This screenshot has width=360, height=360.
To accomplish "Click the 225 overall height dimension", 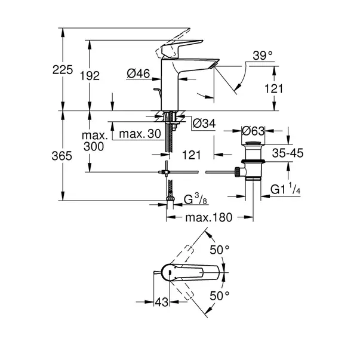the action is click(x=63, y=70).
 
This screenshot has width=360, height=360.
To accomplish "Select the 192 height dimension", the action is click(x=90, y=76).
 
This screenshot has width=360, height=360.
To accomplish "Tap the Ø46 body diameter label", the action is click(x=139, y=73).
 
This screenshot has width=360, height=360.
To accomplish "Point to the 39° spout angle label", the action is click(x=263, y=56).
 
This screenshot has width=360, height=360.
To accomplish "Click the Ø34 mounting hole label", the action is click(x=204, y=124).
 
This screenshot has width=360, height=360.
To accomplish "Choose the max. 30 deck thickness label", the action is click(x=140, y=134).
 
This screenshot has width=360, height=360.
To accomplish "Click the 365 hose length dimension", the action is click(x=61, y=156).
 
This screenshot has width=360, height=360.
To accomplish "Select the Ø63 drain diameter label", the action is click(x=253, y=131).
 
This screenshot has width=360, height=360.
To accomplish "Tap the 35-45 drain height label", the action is click(x=288, y=153).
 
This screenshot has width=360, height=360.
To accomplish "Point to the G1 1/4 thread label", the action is click(x=285, y=189).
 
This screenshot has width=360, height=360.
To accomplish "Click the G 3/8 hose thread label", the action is click(x=195, y=199).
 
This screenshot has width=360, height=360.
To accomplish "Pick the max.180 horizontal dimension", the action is click(x=209, y=217).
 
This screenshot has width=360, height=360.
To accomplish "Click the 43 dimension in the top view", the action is click(x=162, y=302).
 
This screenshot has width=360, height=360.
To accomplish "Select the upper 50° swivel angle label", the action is click(x=220, y=250).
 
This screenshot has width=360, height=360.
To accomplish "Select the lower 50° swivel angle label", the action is click(x=220, y=296).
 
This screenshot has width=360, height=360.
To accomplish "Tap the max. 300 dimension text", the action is click(x=94, y=141).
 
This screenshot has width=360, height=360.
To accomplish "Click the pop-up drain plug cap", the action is click(x=253, y=144).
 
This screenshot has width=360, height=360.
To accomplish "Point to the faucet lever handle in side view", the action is click(x=181, y=47).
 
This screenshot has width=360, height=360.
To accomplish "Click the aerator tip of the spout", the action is click(x=214, y=65).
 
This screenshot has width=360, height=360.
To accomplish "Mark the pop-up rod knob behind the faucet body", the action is click(x=158, y=90).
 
